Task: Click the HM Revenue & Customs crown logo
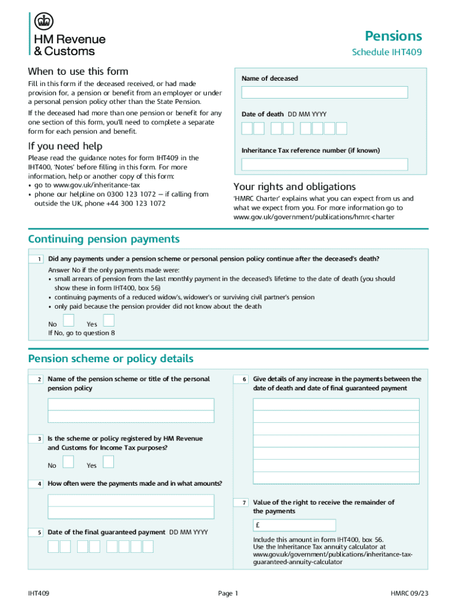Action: point(43,22)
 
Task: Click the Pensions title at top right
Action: point(393,36)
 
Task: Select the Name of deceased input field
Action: point(325,93)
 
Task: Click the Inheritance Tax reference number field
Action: point(325,164)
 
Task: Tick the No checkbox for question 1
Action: point(69,321)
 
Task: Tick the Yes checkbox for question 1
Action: point(109,321)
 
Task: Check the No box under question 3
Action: point(69,462)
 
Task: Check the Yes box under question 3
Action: point(109,462)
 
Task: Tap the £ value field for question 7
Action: point(336,525)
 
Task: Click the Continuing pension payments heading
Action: point(104,239)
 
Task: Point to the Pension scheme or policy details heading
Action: point(110,359)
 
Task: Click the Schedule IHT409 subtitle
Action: point(386,52)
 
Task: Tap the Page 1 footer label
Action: point(228,593)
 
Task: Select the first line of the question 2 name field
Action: point(131,404)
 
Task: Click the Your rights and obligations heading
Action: point(294,186)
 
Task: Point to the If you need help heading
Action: point(65,146)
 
